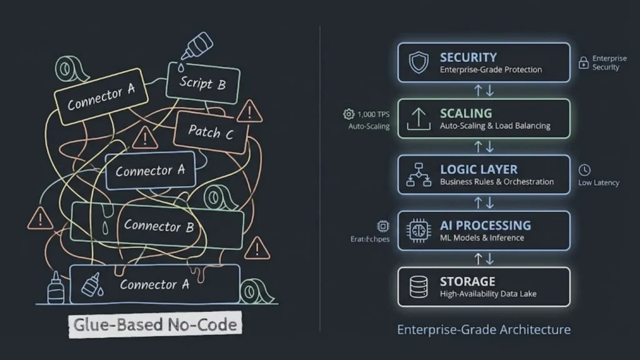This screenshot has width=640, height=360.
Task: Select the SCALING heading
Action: click(466, 114)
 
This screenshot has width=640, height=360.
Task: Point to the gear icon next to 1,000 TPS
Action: click(348, 114)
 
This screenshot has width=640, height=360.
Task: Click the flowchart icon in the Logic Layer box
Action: click(418, 174)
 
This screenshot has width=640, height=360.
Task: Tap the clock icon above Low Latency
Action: click(584, 170)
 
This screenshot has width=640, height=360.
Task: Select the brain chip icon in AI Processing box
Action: click(418, 231)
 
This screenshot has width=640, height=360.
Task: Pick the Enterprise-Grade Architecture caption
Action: click(484, 329)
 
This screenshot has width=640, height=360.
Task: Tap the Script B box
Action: click(202, 82)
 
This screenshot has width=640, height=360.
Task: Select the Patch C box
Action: click(211, 132)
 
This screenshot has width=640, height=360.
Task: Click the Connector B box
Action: click(158, 225)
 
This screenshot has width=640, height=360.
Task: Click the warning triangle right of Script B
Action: click(250, 112)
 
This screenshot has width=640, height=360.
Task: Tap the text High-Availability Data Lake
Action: click(488, 294)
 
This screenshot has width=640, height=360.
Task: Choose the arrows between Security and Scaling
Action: click(484, 90)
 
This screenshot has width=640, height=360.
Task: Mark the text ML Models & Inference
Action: click(482, 237)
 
